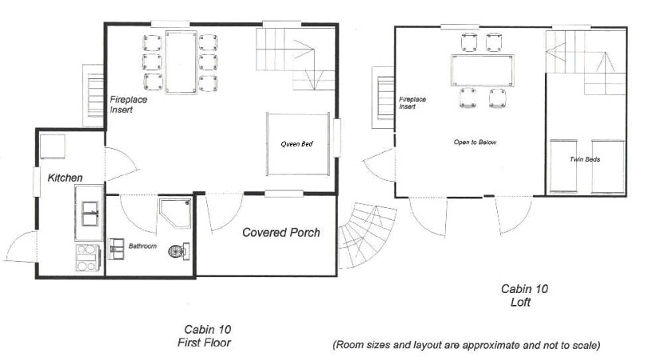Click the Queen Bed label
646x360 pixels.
pyautogui.click(x=296, y=143)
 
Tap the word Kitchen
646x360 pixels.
pyautogui.click(x=65, y=178)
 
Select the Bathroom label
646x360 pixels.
pyautogui.click(x=143, y=246)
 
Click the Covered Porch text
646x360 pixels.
pyautogui.click(x=281, y=233)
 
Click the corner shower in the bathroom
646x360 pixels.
pyautogui.click(x=175, y=213)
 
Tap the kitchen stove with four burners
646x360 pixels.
pyautogui.click(x=88, y=258)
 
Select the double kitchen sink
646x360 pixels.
pyautogui.click(x=90, y=213)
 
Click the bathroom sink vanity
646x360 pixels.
pyautogui.click(x=115, y=248)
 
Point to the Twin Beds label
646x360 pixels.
pyautogui.click(x=585, y=159)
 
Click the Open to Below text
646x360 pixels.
pyautogui.click(x=475, y=142)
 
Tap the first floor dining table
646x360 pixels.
pyautogui.click(x=181, y=62)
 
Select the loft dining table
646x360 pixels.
pyautogui.click(x=483, y=70)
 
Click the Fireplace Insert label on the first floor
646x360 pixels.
pyautogui.click(x=128, y=104)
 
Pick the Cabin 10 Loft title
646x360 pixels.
pyautogui.click(x=524, y=295)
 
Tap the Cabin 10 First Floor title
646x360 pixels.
pyautogui.click(x=205, y=335)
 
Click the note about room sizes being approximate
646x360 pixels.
pyautogui.click(x=466, y=345)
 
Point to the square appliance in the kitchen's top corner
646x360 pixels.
pyautogui.click(x=53, y=147)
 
